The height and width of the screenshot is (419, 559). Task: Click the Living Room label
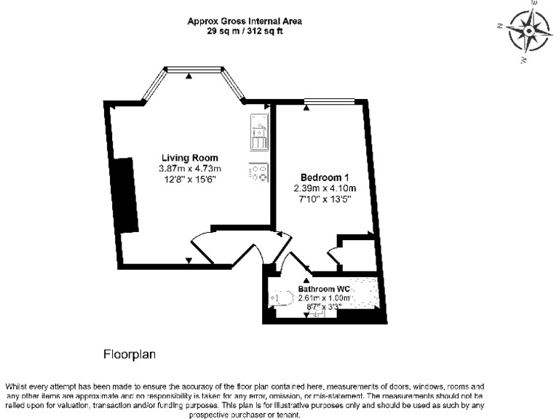pyautogui.click(x=189, y=159)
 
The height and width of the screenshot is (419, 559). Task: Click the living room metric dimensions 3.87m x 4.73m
pyautogui.click(x=189, y=169)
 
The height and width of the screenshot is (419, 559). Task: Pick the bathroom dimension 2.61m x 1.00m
pyautogui.click(x=325, y=298)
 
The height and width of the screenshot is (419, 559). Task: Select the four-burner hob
pyautogui.click(x=258, y=175)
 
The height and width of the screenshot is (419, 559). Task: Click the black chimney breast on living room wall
pyautogui.click(x=128, y=195)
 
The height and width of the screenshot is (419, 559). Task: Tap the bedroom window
pyautogui.click(x=328, y=101)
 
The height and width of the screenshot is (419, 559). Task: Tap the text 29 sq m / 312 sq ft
pyautogui.click(x=244, y=31)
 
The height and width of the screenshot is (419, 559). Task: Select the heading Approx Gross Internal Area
pyautogui.click(x=244, y=21)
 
